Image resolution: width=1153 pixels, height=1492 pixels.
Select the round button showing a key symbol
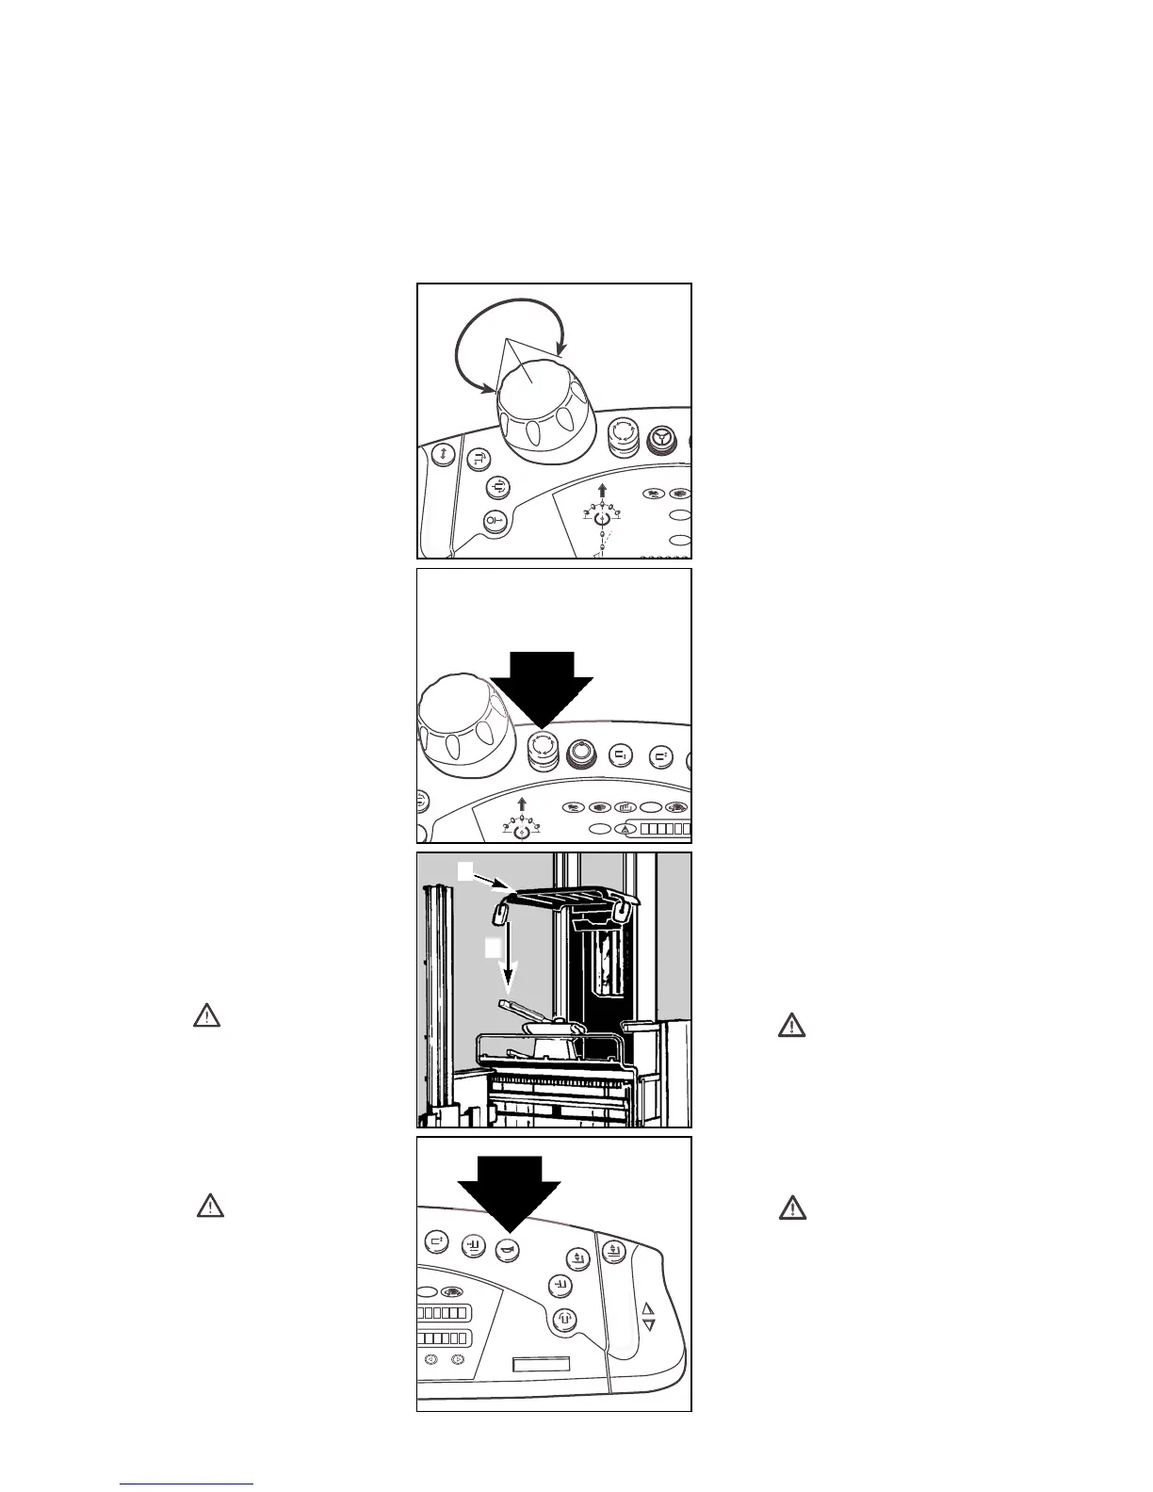tap(495, 520)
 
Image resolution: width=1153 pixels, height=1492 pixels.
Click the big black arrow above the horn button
tap(509, 1189)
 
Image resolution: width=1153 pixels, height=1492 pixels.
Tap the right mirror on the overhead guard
tap(621, 910)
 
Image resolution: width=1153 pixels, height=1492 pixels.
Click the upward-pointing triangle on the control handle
tap(647, 1308)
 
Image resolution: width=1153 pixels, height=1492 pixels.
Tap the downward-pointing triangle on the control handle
tap(647, 1325)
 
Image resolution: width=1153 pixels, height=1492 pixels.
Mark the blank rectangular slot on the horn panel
tap(542, 1365)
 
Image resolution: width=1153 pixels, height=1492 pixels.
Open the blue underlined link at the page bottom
tap(187, 1484)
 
